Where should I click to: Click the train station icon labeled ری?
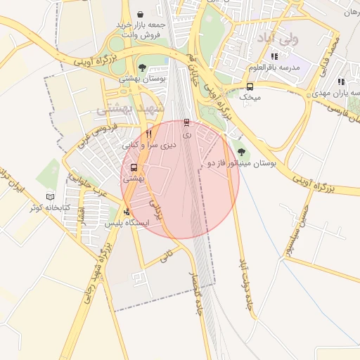coord(186,122)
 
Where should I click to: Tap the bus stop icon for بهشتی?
coord(134,167)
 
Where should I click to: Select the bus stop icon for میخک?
coord(250,86)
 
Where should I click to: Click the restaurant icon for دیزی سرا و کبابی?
coord(148,134)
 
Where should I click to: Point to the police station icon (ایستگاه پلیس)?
coord(127,212)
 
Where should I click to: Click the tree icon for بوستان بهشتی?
coord(143,68)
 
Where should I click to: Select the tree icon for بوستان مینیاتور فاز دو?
coord(242,151)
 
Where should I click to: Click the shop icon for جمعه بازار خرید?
coord(141,14)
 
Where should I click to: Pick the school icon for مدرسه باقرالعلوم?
coord(275,56)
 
